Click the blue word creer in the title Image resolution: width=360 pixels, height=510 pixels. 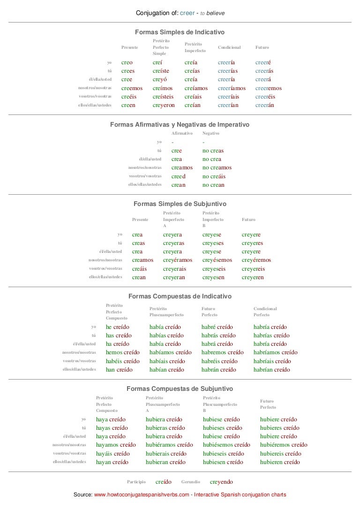(187, 13)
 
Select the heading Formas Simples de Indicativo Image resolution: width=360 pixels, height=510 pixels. (180, 32)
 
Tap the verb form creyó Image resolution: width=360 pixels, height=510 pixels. (159, 80)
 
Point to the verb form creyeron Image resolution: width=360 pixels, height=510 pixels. (164, 106)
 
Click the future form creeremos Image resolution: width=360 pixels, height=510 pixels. (269, 88)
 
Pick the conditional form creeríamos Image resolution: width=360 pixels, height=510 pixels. (232, 88)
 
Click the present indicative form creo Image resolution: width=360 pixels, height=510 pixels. (127, 62)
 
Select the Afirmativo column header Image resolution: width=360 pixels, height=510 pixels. (182, 133)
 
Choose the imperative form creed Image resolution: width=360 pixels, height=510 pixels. (179, 176)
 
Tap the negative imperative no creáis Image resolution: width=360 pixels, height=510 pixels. (214, 176)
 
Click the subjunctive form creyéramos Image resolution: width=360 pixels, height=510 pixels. (177, 260)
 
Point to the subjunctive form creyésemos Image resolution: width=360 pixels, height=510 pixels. (217, 260)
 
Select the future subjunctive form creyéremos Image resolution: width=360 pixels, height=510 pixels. (256, 260)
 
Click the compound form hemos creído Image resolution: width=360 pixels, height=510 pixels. (122, 352)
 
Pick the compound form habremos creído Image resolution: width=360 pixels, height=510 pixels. (222, 352)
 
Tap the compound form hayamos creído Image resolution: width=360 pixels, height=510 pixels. (116, 445)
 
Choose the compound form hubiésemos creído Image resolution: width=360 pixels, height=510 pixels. (226, 445)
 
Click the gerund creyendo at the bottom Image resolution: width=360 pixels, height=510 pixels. (221, 482)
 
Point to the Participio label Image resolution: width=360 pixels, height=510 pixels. (136, 482)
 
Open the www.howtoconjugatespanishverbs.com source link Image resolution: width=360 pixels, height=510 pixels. (142, 495)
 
